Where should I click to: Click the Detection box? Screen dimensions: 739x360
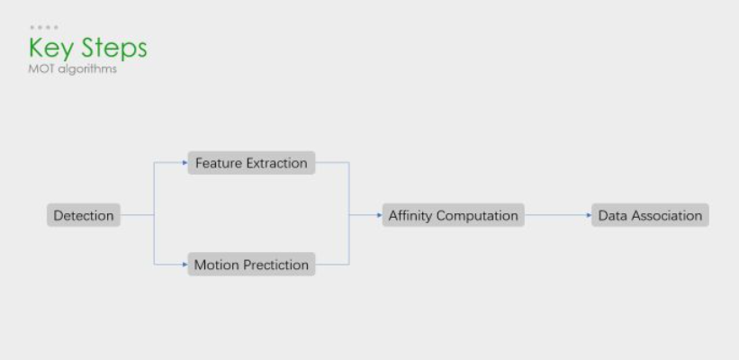84,215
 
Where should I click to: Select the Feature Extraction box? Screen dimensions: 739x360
251,163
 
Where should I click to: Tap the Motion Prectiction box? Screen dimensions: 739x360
251,264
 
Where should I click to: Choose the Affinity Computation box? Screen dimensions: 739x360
453,215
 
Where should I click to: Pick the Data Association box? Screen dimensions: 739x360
650,215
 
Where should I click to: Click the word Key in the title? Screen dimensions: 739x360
52,49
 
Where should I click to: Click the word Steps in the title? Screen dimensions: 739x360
114,49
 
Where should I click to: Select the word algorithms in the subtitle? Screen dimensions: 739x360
87,69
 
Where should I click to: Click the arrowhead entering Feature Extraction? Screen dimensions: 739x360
185,163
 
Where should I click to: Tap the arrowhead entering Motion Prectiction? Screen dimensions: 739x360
185,265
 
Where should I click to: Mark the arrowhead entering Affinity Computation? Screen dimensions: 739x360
379,215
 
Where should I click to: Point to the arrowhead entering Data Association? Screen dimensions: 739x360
589,215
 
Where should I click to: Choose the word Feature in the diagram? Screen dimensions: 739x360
219,163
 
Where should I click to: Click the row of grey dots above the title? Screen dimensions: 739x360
44,27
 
